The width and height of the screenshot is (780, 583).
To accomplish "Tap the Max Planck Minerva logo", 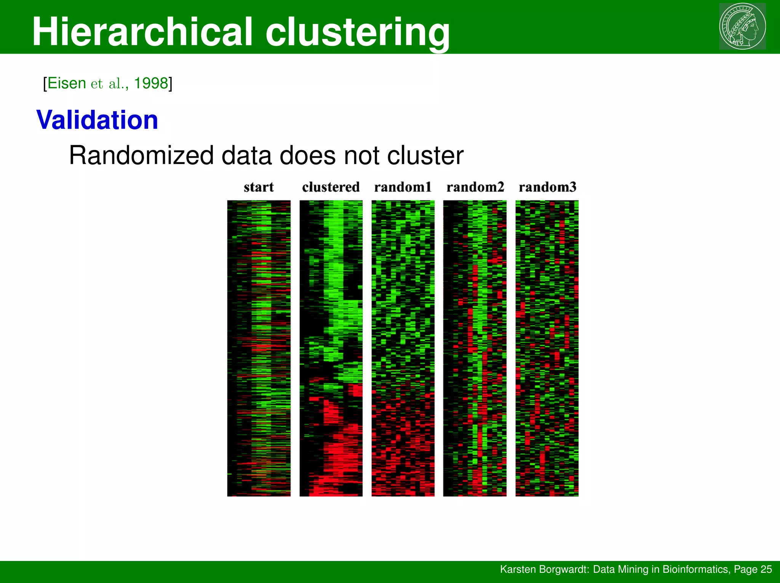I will [742, 26].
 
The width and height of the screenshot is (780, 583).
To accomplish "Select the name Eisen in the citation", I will [67, 83].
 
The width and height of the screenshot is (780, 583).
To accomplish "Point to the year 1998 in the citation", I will [151, 83].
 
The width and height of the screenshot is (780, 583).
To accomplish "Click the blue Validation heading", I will [97, 120].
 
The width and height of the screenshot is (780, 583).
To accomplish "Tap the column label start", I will [259, 187].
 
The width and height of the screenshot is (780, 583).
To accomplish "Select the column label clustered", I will [331, 187].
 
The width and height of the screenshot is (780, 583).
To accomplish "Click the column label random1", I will [403, 187].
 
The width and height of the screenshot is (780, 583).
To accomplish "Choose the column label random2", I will [475, 187].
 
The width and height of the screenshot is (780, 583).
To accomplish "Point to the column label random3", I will [547, 187].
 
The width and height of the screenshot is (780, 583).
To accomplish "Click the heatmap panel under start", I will [259, 348].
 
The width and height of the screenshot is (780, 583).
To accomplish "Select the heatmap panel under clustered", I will [331, 348].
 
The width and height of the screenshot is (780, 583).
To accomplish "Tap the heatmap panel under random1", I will [403, 348].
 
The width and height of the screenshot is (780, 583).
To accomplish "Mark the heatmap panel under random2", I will [475, 348].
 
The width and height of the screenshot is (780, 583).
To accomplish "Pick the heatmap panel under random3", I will [547, 348].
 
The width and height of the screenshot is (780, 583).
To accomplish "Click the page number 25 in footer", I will [766, 569].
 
